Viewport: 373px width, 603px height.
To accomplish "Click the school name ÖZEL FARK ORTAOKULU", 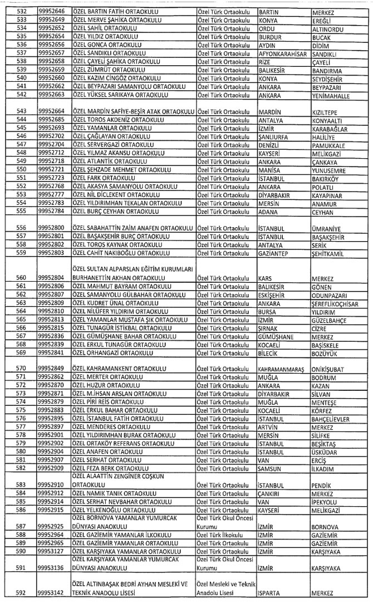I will [105, 177].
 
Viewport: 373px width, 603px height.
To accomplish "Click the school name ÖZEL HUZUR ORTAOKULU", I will [106, 384].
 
